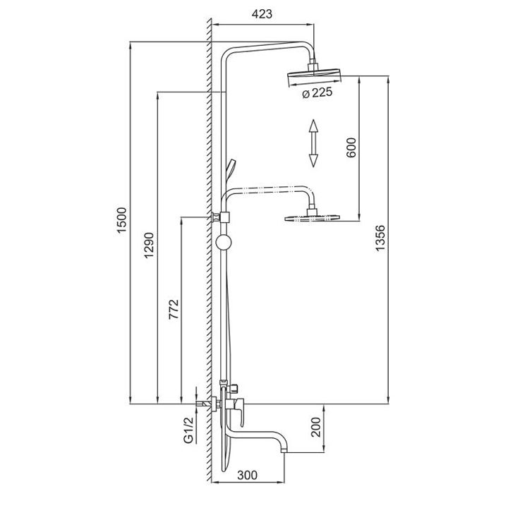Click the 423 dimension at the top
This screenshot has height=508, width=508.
[261, 14]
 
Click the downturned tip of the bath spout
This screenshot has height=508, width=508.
[284, 446]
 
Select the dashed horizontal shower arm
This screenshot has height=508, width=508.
[268, 188]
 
